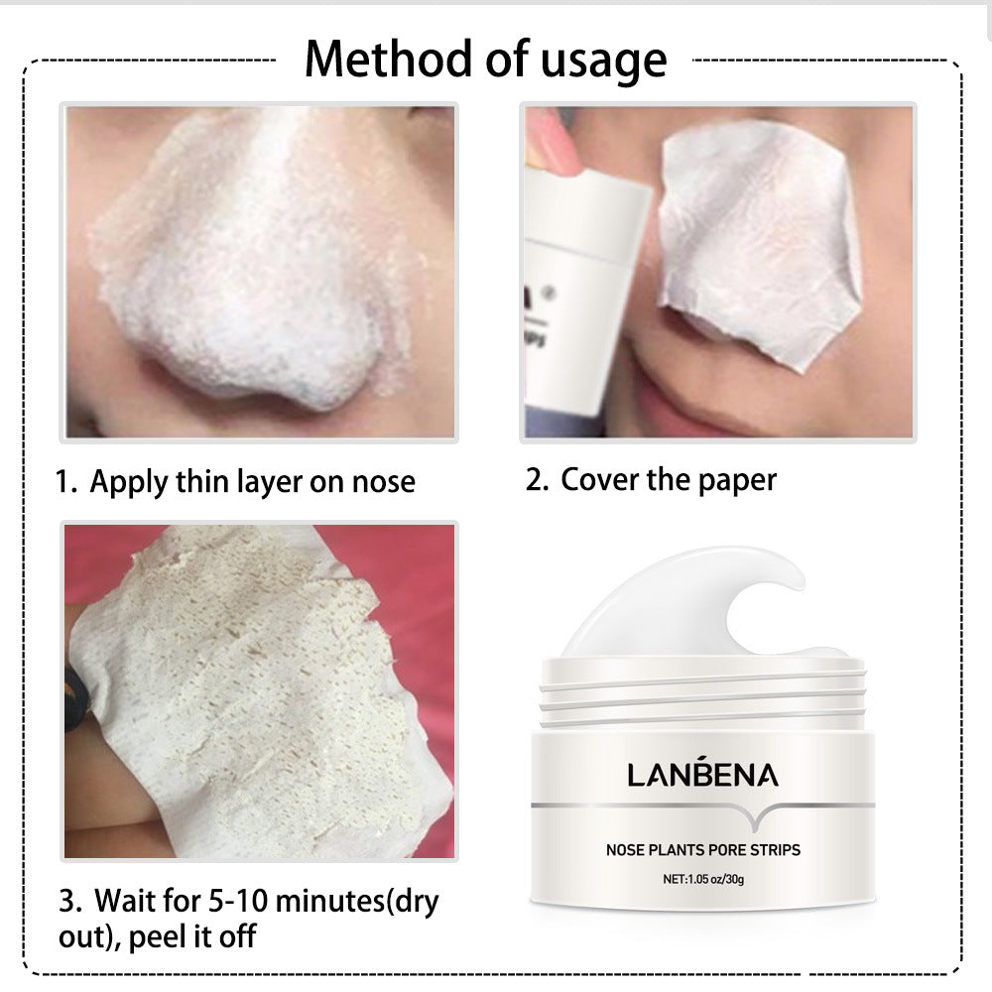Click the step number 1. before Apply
pos(65,483)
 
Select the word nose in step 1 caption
pos(383,483)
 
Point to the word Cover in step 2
pos(599,479)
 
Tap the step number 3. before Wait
pos(69,902)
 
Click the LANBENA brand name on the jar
pos(702,775)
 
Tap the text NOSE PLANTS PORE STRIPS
pos(703,849)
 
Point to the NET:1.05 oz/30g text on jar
pos(703,879)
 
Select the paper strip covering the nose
pos(754,248)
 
